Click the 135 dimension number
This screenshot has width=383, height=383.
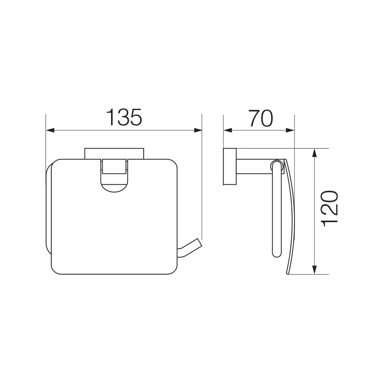[124, 117]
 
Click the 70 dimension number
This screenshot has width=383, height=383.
[260, 118]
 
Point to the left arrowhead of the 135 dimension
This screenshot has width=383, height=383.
[50, 131]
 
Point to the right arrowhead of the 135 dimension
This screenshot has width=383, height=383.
[198, 131]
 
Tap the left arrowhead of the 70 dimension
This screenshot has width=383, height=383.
[228, 131]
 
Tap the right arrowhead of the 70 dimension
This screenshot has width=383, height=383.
[290, 131]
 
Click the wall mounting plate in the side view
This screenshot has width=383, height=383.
[229, 166]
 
